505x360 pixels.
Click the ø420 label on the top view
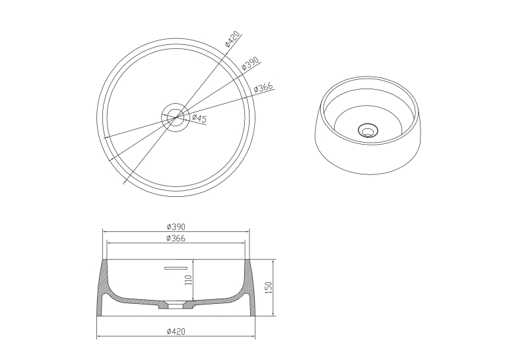[232, 39]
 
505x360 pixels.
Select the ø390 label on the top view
[250, 63]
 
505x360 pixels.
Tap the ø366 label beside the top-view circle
[263, 87]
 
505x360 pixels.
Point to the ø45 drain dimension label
[199, 118]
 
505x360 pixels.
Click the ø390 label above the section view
[176, 227]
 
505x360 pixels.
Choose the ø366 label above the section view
[176, 238]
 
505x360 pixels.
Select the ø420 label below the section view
[176, 332]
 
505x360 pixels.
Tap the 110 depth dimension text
[189, 280]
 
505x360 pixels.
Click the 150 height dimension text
[269, 287]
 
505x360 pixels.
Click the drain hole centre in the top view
[175, 117]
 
